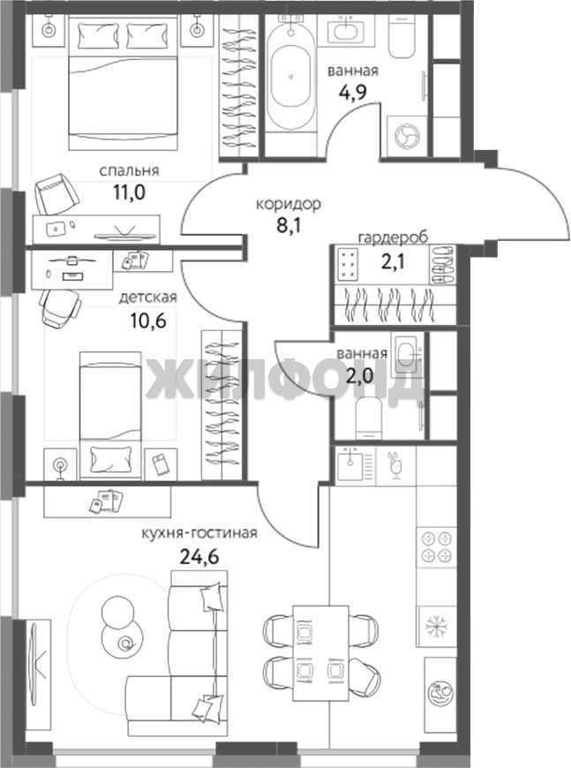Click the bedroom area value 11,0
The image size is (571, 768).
click(129, 192)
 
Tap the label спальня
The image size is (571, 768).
click(129, 170)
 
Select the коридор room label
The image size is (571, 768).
click(289, 204)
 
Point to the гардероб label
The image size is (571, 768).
click(394, 237)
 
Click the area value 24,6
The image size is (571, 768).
click(199, 556)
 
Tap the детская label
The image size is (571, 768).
click(148, 297)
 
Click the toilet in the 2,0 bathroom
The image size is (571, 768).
click(369, 418)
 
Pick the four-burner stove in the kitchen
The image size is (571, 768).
click(436, 547)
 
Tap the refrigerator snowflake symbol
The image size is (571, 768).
click(436, 626)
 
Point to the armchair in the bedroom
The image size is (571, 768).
click(56, 193)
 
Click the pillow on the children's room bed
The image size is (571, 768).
click(110, 459)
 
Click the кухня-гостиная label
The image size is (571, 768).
click(199, 533)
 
